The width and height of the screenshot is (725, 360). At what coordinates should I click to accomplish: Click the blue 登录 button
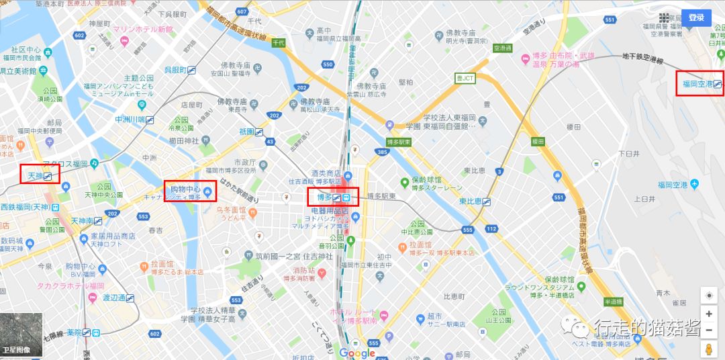pos(696,17)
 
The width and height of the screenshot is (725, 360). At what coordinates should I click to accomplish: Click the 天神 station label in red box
pos(40,176)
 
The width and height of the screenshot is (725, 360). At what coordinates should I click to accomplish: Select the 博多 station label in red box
pos(333,197)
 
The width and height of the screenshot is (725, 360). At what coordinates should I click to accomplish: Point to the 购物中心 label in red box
pos(190,191)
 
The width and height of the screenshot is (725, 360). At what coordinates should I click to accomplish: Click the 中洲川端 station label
pos(134,120)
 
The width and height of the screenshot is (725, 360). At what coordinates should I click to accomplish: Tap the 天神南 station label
pos(86,220)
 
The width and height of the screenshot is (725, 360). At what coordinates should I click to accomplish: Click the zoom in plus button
pos(708,314)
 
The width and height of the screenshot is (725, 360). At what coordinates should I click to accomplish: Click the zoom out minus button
pos(708,329)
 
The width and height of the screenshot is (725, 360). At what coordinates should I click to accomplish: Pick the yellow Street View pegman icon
pos(708,350)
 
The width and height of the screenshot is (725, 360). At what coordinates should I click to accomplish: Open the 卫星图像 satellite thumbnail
pos(21,334)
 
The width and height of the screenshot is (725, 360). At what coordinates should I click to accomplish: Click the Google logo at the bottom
pos(357,353)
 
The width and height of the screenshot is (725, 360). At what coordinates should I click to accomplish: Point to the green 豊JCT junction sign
pos(465,79)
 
